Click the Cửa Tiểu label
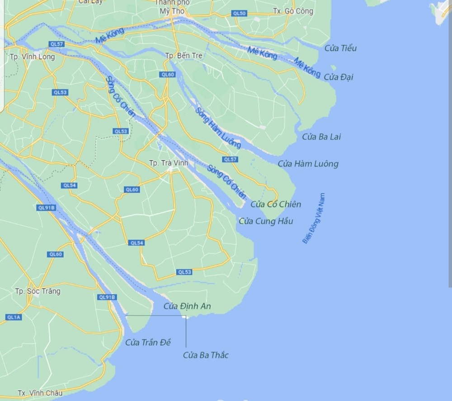click(x=341, y=48)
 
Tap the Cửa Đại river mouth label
click(x=341, y=77)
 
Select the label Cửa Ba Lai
click(x=321, y=137)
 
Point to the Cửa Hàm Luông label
click(x=308, y=164)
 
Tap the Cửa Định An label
click(x=187, y=307)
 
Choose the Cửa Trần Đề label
click(x=148, y=343)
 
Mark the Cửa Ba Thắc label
click(x=206, y=355)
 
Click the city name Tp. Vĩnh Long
click(x=32, y=57)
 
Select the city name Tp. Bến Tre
click(x=184, y=56)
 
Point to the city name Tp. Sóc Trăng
click(x=38, y=291)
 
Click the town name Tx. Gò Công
click(x=293, y=12)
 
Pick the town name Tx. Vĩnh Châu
click(x=40, y=393)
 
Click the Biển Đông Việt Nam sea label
click(x=314, y=219)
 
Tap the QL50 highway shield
click(x=239, y=14)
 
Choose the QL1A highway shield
click(x=13, y=317)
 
